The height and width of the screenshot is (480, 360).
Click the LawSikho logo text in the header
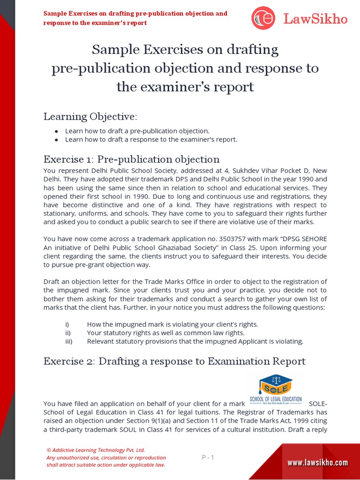[x=315, y=19]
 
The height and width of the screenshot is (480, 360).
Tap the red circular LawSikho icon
[x=263, y=18]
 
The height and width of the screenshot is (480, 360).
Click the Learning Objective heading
[x=90, y=116]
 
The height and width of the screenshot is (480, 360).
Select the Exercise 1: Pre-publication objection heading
[x=131, y=159]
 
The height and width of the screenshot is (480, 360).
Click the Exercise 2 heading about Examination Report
[x=174, y=361]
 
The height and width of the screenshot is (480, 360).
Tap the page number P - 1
[x=208, y=457]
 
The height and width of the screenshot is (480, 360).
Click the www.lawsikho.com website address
[x=317, y=463]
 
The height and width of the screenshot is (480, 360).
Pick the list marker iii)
[x=69, y=341]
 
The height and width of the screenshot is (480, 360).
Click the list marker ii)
[x=68, y=333]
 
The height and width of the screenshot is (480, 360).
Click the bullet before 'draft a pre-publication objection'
[x=56, y=131]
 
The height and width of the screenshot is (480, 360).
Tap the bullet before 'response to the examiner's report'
[x=56, y=140]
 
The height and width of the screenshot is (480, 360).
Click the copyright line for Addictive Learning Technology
[x=96, y=450]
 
